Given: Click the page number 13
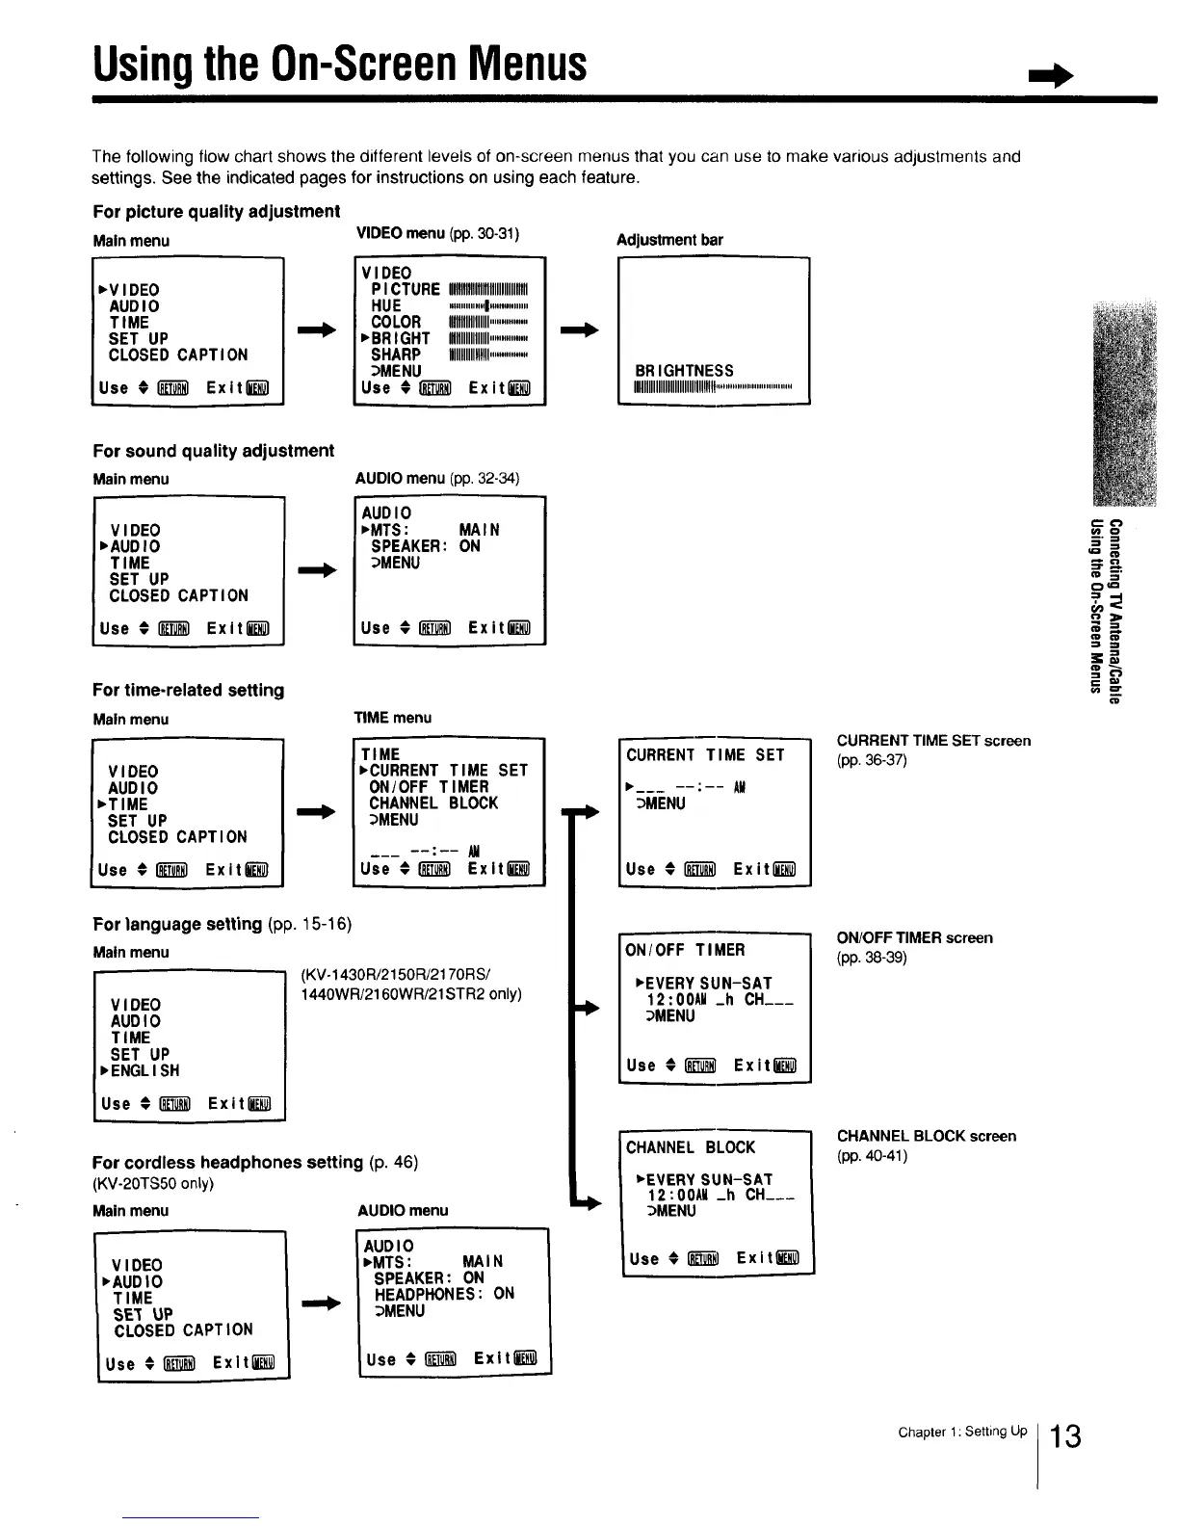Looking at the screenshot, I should pyautogui.click(x=1065, y=1436).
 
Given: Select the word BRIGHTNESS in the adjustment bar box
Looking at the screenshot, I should pyautogui.click(x=684, y=371).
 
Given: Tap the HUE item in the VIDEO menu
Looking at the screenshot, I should pyautogui.click(x=386, y=305).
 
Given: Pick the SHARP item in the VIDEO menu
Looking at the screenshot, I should pyautogui.click(x=396, y=355).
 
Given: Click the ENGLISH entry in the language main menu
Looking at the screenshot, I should pyautogui.click(x=144, y=1070).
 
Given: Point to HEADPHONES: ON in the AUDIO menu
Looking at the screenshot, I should pyautogui.click(x=444, y=1294).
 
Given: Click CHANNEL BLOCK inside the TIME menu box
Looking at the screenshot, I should pyautogui.click(x=433, y=803).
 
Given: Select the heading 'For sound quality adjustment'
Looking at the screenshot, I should pyautogui.click(x=213, y=451).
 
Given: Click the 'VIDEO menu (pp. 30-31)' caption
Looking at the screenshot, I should pyautogui.click(x=437, y=233).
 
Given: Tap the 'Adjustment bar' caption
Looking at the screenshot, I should pyautogui.click(x=669, y=240).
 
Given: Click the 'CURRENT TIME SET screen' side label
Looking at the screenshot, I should pyautogui.click(x=933, y=741).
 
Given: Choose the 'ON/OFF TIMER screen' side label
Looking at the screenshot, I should pyautogui.click(x=914, y=938).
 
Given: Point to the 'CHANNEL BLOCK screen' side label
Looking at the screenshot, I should pyautogui.click(x=926, y=1137).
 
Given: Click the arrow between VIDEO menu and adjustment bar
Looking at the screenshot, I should pyautogui.click(x=580, y=330).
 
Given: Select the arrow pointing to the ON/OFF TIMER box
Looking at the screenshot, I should pyautogui.click(x=586, y=1009).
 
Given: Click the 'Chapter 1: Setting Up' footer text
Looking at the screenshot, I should pyautogui.click(x=961, y=1432).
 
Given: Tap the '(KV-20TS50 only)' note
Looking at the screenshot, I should pyautogui.click(x=152, y=1184).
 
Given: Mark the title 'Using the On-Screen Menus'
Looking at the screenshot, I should pyautogui.click(x=339, y=64).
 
